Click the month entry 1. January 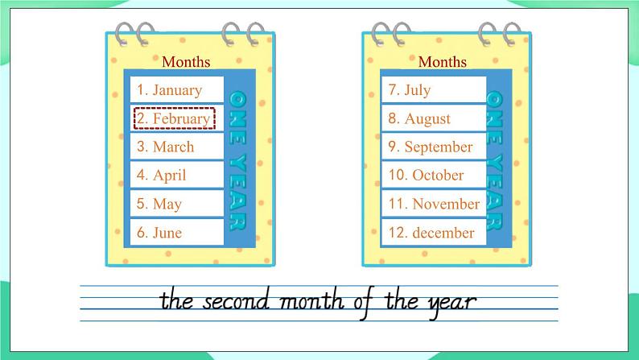(x=169, y=90)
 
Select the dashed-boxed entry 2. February (x=175, y=118)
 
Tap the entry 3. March (x=165, y=147)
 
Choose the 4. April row (x=162, y=176)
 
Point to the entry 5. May (x=159, y=204)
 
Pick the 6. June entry (x=159, y=233)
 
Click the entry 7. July (x=409, y=90)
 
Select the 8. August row (x=419, y=118)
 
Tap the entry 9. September (x=431, y=147)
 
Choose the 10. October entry (x=426, y=176)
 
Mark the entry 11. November (x=434, y=204)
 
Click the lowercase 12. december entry (x=431, y=233)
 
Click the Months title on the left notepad (x=186, y=62)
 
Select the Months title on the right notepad (x=442, y=62)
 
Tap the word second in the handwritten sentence (x=237, y=302)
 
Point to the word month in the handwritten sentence (x=312, y=302)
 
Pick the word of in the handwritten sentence (x=365, y=303)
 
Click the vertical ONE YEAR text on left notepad (x=237, y=160)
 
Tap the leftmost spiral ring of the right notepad (x=381, y=35)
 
